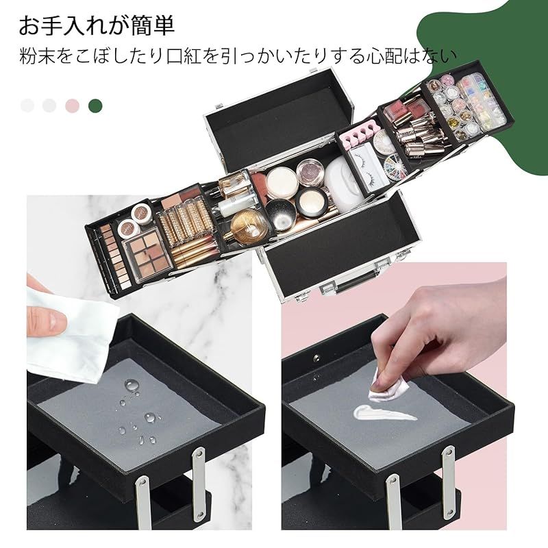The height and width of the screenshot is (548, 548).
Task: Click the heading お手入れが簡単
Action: pos(96,25)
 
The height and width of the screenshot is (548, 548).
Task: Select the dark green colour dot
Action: pos(95,105)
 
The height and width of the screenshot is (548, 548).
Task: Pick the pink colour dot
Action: pos(72,105)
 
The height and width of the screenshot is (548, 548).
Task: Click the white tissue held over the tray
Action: pos(68,329)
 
